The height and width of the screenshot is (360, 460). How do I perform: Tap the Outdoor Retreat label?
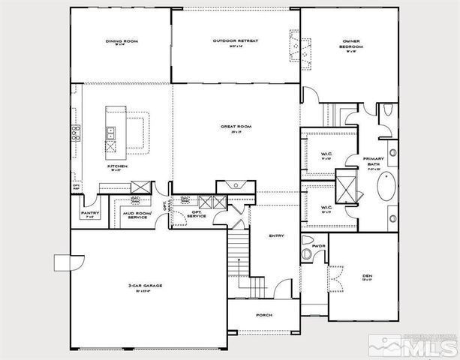pos(235,41)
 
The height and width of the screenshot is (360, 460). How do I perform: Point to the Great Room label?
pos(235,128)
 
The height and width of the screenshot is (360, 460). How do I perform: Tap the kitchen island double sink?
pos(110,134)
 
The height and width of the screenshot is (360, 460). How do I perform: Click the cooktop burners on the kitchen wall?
pos(76,134)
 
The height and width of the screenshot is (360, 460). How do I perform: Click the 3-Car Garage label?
pos(150,286)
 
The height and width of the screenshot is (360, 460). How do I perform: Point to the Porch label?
pos(264,315)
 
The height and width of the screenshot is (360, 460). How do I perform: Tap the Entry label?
pos(276,236)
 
